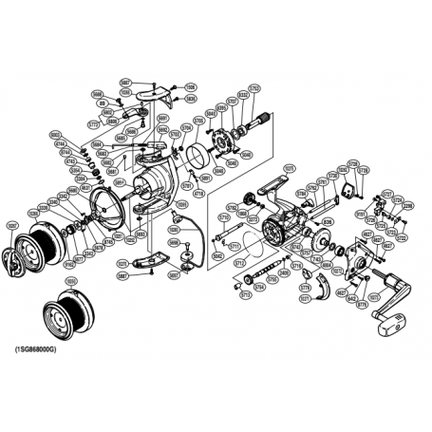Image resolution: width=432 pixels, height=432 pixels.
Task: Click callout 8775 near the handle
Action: (x=361, y=305)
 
